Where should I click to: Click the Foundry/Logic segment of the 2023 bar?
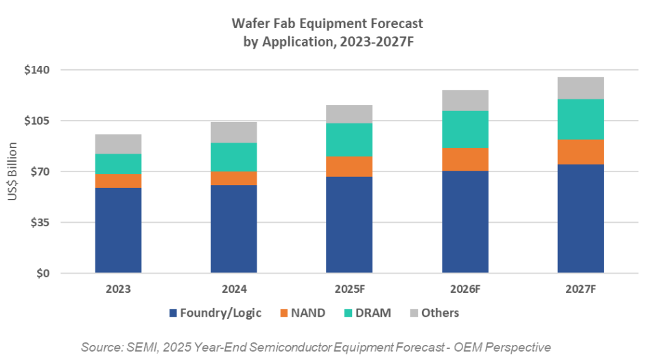click(x=118, y=230)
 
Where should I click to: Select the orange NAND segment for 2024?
click(x=234, y=178)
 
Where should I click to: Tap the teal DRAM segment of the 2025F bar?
click(x=349, y=140)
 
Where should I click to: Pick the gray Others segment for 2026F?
click(x=465, y=100)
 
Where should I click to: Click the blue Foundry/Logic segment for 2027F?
click(x=580, y=218)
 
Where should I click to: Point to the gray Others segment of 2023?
click(x=118, y=144)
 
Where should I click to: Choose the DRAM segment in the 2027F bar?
click(x=580, y=119)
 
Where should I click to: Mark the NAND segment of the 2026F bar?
click(x=465, y=159)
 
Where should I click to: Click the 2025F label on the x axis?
click(x=349, y=289)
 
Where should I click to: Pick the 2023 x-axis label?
click(x=118, y=289)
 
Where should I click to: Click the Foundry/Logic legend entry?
click(x=220, y=313)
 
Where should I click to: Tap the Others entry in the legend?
click(x=440, y=313)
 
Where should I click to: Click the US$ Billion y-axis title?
click(x=13, y=172)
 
